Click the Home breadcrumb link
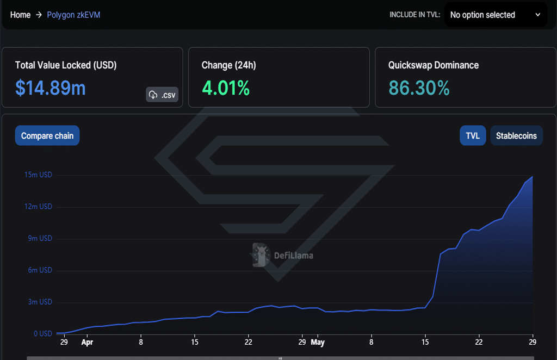[x=20, y=15]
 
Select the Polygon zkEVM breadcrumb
[x=73, y=15]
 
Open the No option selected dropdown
[x=496, y=15]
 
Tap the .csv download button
[x=162, y=95]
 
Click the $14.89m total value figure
[x=51, y=88]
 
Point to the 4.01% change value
[x=226, y=88]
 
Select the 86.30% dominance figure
[x=419, y=88]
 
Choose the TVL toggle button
[x=473, y=135]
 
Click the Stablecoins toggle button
[x=517, y=135]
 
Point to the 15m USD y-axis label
[x=38, y=175]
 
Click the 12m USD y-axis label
[x=38, y=207]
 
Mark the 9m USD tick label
[x=40, y=238]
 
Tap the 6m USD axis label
[x=40, y=270]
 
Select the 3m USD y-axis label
[x=40, y=302]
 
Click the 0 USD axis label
[x=42, y=334]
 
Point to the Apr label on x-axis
[x=87, y=342]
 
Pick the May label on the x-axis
[x=318, y=342]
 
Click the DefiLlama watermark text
[x=293, y=256]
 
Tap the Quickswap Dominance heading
[x=434, y=65]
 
